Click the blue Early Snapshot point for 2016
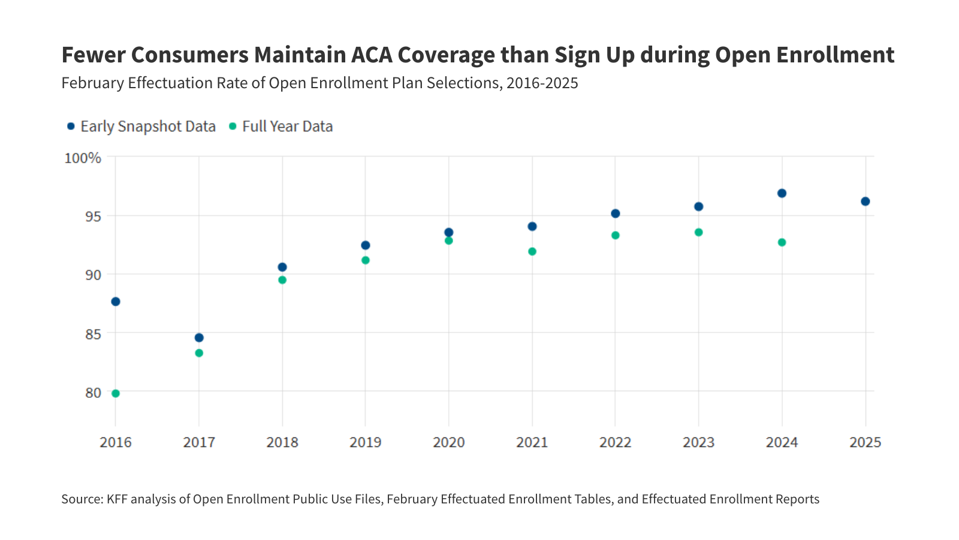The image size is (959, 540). tap(116, 301)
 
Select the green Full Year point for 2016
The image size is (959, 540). tap(116, 394)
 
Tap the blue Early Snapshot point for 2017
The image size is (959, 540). tap(199, 338)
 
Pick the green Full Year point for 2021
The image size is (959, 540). tap(532, 251)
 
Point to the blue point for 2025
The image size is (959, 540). tap(865, 202)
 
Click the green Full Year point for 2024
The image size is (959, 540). tap(782, 242)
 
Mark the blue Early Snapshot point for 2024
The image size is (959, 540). tap(782, 193)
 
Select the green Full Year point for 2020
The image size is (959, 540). tap(449, 241)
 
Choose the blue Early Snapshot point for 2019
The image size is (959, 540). tap(366, 245)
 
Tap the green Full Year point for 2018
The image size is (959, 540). tap(282, 280)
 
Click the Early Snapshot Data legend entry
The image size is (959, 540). tap(141, 127)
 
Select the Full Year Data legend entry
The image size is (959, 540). tap(282, 127)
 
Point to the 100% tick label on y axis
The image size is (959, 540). tap(83, 158)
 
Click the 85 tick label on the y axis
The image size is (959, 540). tap(93, 334)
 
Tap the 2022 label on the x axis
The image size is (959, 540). tap(616, 443)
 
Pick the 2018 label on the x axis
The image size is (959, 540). tap(282, 443)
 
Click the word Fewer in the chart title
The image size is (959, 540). tap(93, 55)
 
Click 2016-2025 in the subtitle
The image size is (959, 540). tap(542, 83)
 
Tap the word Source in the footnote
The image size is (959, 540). tap(82, 499)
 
